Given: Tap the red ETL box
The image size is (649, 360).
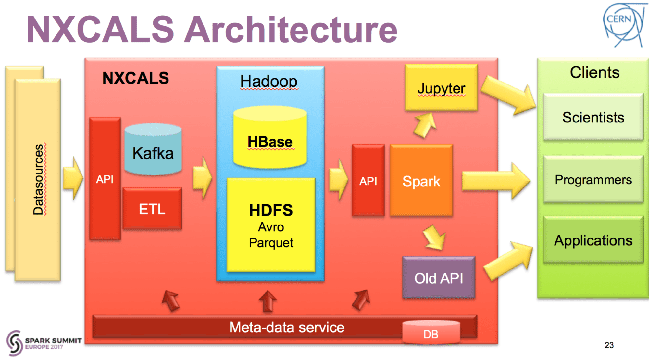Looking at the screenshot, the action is pyautogui.click(x=152, y=209).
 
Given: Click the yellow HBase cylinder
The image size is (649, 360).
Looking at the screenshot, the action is pyautogui.click(x=270, y=137).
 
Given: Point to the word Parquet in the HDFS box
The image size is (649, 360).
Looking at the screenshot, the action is pyautogui.click(x=271, y=243).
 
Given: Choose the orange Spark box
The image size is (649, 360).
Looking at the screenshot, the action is pyautogui.click(x=421, y=181).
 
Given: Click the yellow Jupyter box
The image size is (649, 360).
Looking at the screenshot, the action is pyautogui.click(x=441, y=88).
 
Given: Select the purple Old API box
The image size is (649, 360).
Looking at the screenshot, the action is pyautogui.click(x=439, y=278).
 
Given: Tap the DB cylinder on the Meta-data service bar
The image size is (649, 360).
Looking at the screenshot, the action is pyautogui.click(x=431, y=332).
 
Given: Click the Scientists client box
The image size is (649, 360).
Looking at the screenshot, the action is pyautogui.click(x=593, y=117).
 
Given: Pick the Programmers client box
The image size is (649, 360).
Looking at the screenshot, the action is pyautogui.click(x=593, y=179).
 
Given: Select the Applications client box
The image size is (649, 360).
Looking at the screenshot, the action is pyautogui.click(x=593, y=240).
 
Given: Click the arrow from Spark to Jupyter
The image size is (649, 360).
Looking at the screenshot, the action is pyautogui.click(x=425, y=125).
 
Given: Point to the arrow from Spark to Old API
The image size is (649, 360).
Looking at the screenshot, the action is pyautogui.click(x=434, y=238).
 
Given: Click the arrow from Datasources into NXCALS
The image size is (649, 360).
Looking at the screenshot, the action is pyautogui.click(x=73, y=178).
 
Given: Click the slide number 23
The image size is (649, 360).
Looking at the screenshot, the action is pyautogui.click(x=609, y=345).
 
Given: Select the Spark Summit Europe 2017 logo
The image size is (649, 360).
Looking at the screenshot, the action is pyautogui.click(x=44, y=343).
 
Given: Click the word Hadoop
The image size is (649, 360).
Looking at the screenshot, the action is pyautogui.click(x=269, y=81).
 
